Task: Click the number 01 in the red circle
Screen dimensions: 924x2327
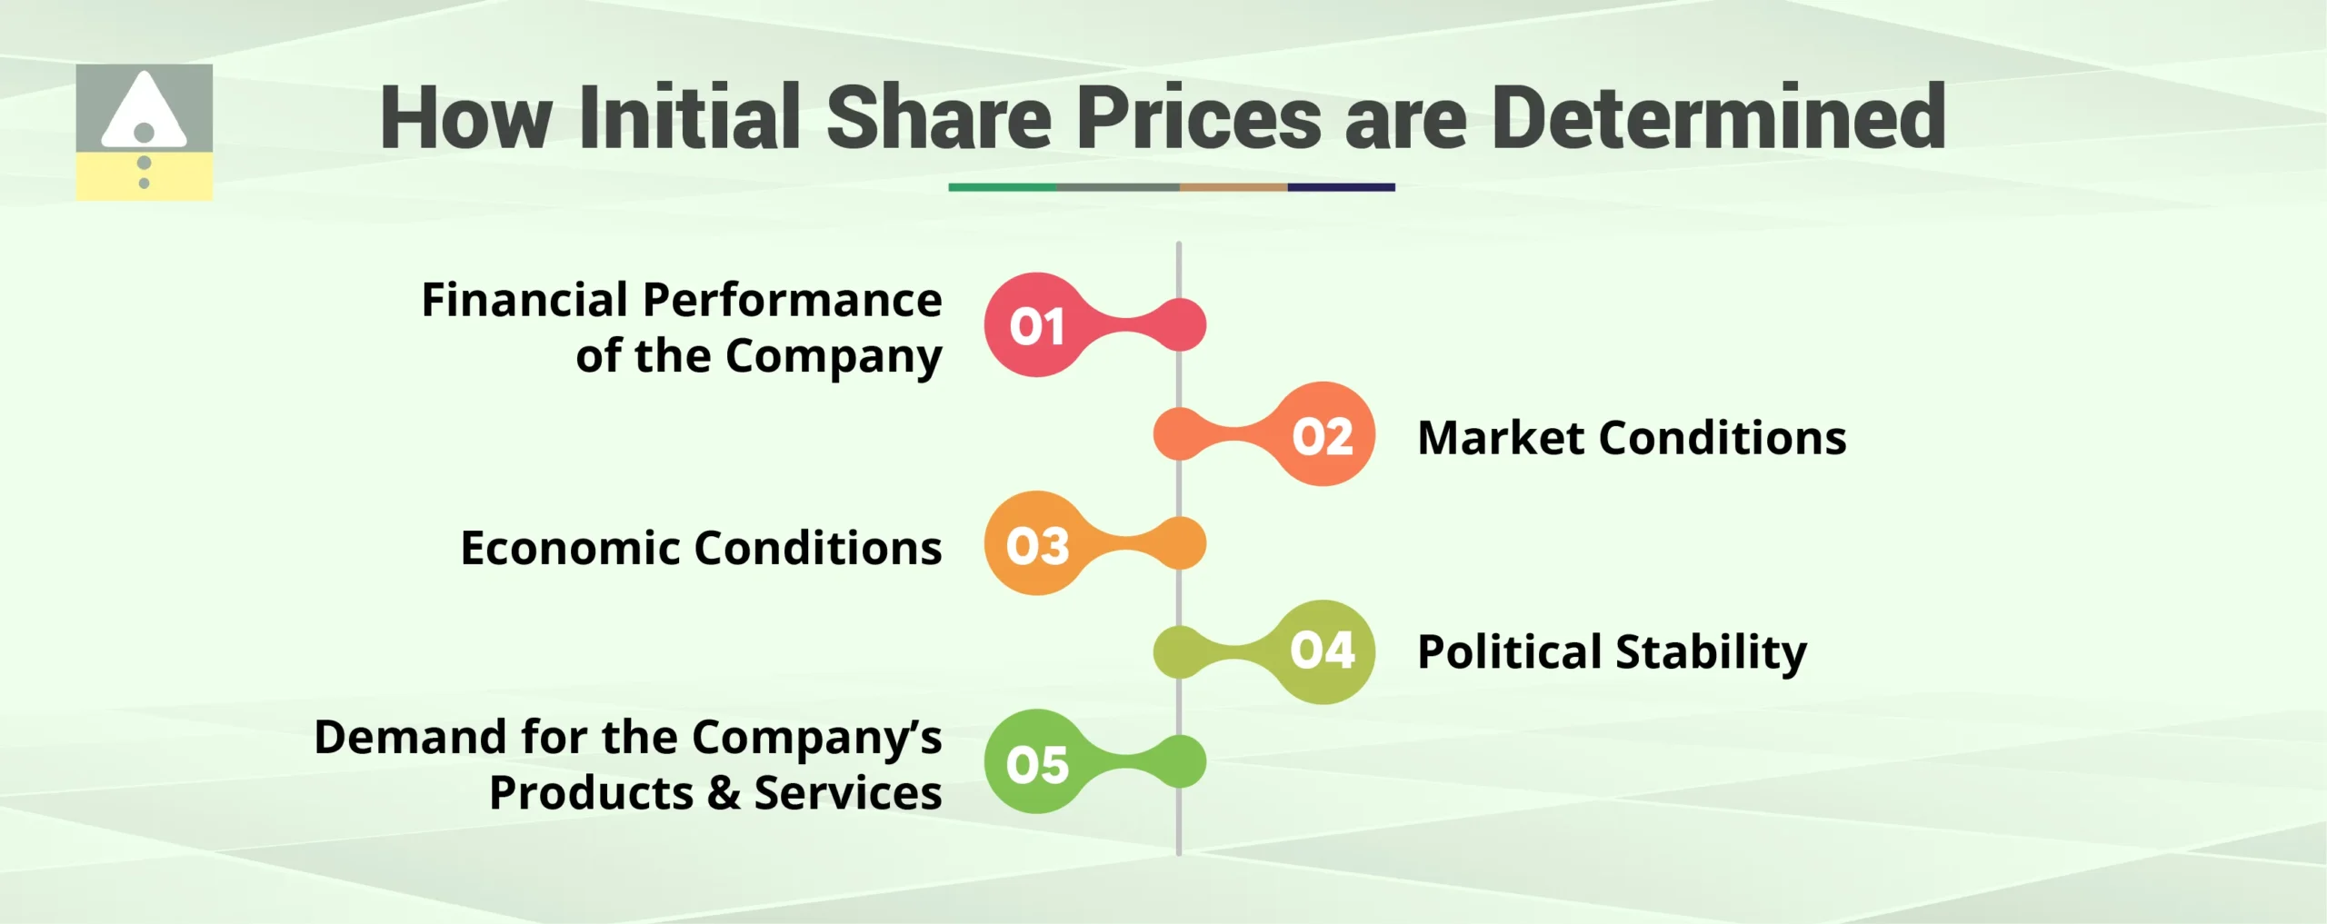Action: (1036, 326)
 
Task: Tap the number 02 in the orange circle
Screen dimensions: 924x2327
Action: (1323, 436)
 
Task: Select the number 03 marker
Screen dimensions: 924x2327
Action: (1037, 545)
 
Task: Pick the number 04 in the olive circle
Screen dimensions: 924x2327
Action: (1323, 651)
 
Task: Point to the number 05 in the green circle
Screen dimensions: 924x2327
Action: (1037, 763)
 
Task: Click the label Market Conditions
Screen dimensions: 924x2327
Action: (1632, 438)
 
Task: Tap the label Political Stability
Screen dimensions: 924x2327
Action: (1612, 652)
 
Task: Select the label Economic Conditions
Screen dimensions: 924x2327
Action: (701, 548)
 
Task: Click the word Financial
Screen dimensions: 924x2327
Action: (524, 300)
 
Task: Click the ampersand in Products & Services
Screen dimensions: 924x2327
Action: (724, 793)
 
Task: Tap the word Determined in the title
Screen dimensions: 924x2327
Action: (1718, 117)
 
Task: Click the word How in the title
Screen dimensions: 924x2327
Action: (466, 117)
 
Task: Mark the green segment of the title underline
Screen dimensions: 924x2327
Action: (1002, 187)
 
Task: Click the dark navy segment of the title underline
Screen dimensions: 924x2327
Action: (1341, 187)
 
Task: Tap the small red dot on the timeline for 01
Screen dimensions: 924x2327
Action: (1180, 324)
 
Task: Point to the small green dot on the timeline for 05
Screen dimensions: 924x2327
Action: (1180, 761)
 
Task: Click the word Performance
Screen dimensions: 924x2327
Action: (792, 300)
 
